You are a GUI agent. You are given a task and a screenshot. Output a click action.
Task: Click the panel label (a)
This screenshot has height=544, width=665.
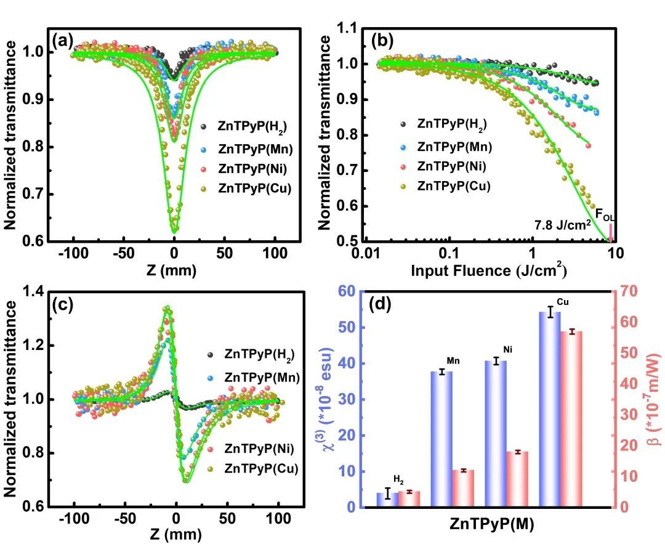63,41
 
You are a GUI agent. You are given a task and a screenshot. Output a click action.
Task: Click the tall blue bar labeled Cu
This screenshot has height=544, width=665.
550,410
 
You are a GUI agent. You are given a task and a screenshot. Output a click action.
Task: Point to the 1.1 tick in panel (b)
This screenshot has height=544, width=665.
349,28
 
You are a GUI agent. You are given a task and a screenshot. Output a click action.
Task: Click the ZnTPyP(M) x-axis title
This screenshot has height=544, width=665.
491,525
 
